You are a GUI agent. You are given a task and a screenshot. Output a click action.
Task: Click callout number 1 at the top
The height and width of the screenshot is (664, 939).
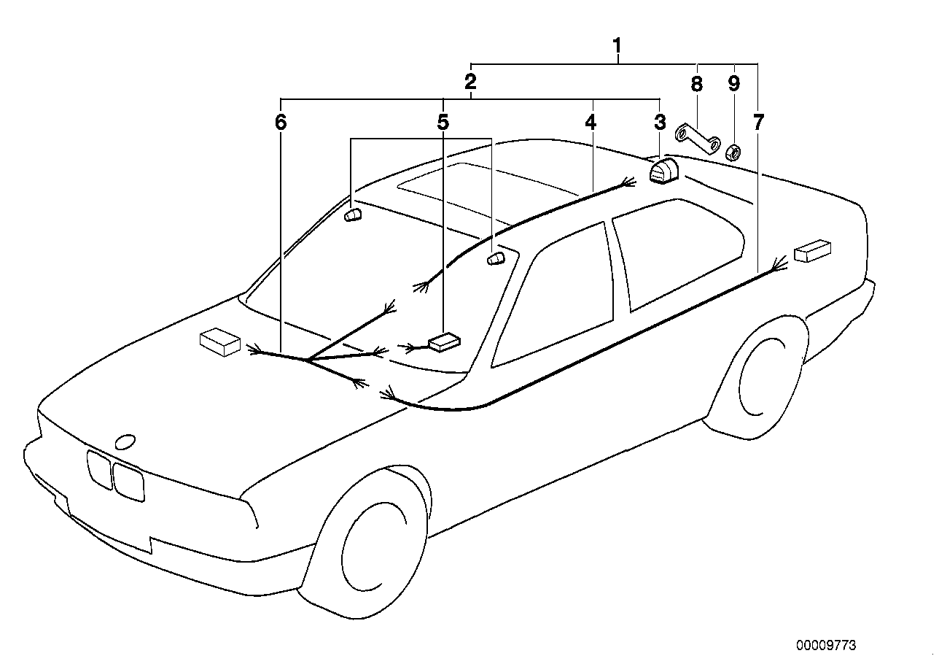pos(617,47)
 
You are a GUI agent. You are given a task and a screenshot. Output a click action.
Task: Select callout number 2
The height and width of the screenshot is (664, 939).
pos(471,80)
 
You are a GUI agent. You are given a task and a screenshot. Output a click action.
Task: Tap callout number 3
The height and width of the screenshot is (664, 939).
pos(659,122)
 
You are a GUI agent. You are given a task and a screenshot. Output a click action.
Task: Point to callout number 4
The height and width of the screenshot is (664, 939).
pos(591,122)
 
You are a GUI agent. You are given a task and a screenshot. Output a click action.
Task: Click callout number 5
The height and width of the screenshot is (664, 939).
pos(443,122)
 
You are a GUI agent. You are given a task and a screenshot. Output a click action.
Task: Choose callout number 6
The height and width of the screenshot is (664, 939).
pos(281,122)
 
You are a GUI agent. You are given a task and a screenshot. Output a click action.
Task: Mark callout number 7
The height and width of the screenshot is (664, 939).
pos(758,123)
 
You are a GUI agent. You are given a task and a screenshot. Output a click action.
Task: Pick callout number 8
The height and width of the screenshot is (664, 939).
pos(696,84)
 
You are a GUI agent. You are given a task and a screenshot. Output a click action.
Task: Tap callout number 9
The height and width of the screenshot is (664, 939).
pos(733,84)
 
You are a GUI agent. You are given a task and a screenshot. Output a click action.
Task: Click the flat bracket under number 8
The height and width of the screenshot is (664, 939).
pos(696,139)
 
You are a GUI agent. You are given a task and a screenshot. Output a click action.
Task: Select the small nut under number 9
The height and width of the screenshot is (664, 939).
pos(733,153)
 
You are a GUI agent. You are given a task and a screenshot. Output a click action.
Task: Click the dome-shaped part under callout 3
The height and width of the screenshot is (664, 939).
pos(663,173)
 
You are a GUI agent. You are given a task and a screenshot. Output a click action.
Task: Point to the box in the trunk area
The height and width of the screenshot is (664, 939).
pos(813,250)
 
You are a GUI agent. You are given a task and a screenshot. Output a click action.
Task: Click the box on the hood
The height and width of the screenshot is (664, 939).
pos(219,341)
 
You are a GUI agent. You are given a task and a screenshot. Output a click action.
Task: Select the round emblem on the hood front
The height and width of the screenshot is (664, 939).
pos(125,441)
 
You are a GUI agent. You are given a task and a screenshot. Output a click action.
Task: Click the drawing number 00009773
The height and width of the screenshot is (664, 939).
pos(826,645)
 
